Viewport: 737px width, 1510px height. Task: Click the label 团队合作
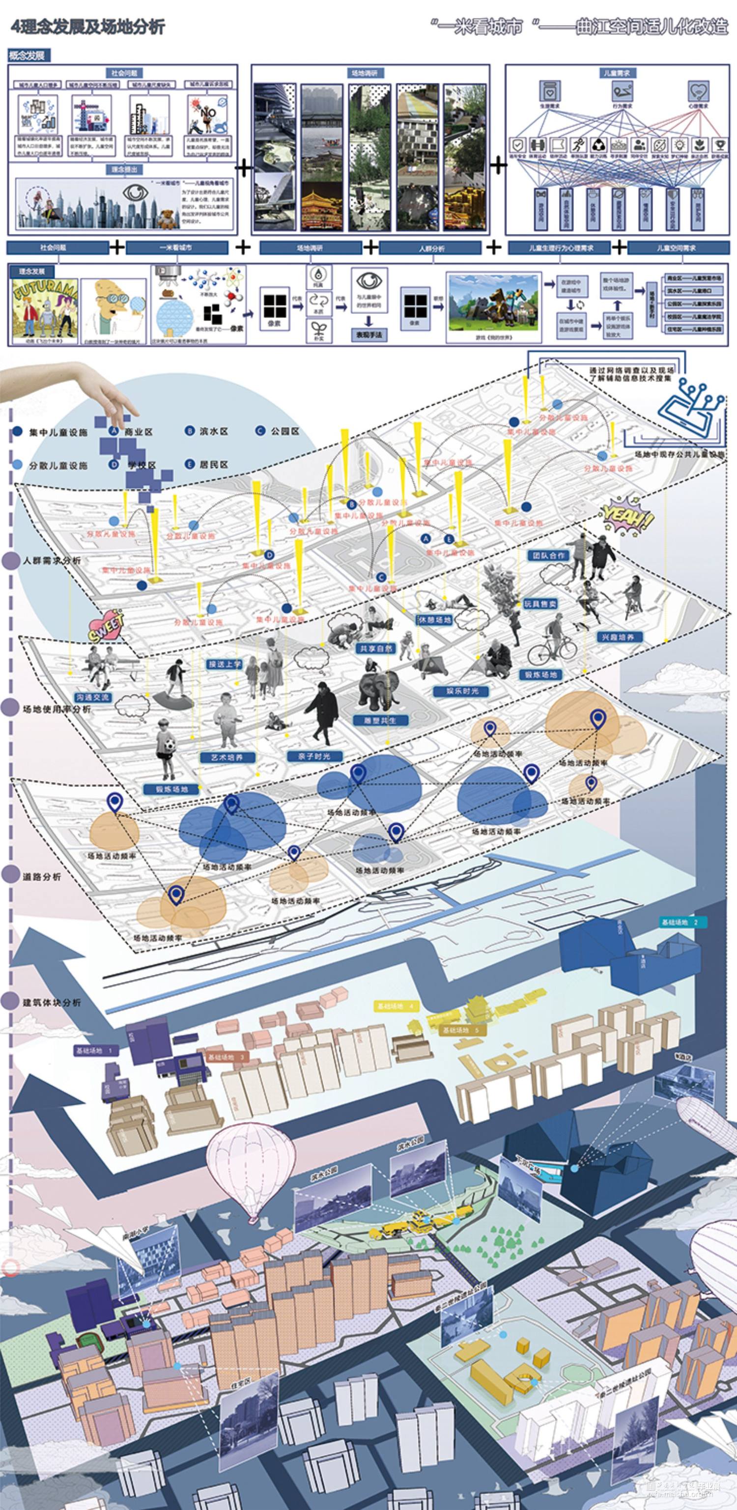[x=548, y=555]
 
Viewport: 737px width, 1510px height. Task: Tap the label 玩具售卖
[x=540, y=603]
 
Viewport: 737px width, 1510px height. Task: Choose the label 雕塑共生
[x=380, y=721]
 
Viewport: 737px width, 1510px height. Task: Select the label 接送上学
[x=225, y=664]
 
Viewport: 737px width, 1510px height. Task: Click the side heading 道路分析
[x=42, y=876]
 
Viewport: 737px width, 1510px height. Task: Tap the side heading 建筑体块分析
[x=52, y=1002]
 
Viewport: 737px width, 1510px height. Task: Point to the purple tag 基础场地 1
[x=97, y=1050]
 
